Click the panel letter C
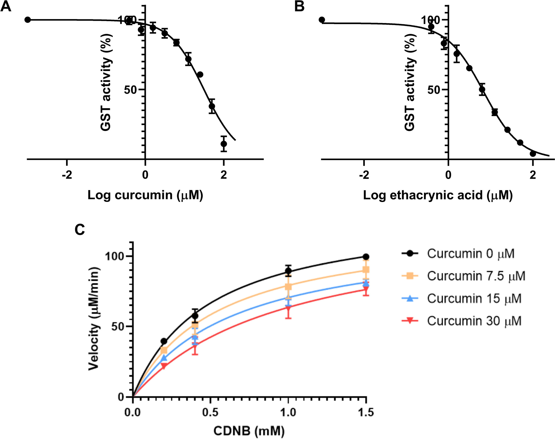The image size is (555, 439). coord(80,230)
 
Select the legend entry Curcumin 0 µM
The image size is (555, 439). coord(471,253)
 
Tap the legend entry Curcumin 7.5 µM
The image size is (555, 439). coord(476,276)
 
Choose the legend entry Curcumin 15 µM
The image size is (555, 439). coord(474,299)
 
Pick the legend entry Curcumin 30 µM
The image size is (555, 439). coord(474,321)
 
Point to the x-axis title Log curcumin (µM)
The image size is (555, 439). coord(145,195)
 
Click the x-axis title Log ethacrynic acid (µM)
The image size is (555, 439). coord(438,195)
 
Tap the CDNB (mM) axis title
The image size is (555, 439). coord(249,431)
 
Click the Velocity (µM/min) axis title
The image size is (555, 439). coord(94,319)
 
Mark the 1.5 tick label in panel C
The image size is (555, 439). coord(366,412)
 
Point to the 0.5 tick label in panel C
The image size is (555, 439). coord(210,412)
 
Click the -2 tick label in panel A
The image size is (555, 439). coord(67,175)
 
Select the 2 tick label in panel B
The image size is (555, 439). coord(533,175)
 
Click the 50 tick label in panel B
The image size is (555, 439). coord(434,90)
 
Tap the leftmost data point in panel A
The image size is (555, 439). coord(27,20)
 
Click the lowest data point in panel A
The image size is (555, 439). coord(224,144)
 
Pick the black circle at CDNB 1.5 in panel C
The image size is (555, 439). coord(366,257)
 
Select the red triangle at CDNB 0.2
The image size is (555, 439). coord(164,366)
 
